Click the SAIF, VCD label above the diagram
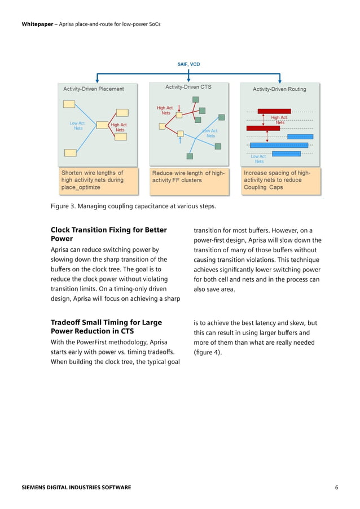click(x=188, y=64)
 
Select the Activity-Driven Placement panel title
click(x=94, y=89)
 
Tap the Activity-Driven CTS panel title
click(x=188, y=87)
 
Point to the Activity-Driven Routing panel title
click(x=279, y=89)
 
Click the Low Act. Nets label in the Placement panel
click(x=78, y=125)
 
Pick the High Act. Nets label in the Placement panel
click(x=119, y=128)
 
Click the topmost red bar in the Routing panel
click(x=274, y=111)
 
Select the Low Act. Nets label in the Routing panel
click(x=259, y=159)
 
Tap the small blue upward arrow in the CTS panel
click(x=180, y=141)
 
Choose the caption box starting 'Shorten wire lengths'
click(x=98, y=180)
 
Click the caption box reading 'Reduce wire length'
click(x=188, y=176)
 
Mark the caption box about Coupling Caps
click(x=279, y=180)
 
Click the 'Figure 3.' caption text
click(x=133, y=206)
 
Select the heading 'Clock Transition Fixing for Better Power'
click(x=108, y=234)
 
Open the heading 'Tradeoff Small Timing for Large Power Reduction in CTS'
click(x=106, y=327)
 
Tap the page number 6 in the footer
click(x=336, y=487)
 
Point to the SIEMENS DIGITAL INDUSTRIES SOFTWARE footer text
click(x=76, y=487)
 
